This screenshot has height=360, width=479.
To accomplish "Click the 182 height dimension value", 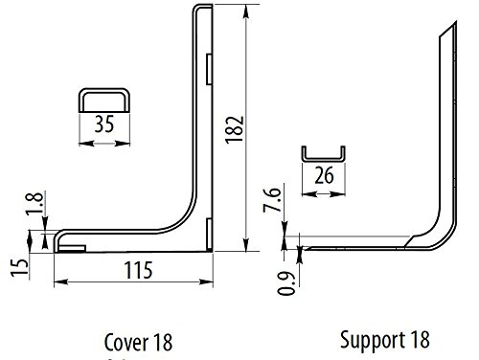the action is pos(235,129).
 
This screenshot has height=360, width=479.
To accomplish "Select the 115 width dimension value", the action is pos(138,270).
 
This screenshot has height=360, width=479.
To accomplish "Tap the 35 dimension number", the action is pos(104,124).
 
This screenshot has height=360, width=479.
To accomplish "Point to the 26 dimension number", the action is pos(324,175).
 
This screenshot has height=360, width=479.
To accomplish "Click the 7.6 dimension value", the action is pos(272,200).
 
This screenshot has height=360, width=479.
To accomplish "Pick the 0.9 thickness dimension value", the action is pos(285,283).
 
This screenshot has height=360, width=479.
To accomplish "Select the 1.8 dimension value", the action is pos(35,204).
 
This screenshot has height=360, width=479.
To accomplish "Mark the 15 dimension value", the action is pos(20,267).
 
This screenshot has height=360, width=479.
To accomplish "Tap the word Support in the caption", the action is pos(373,341).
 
